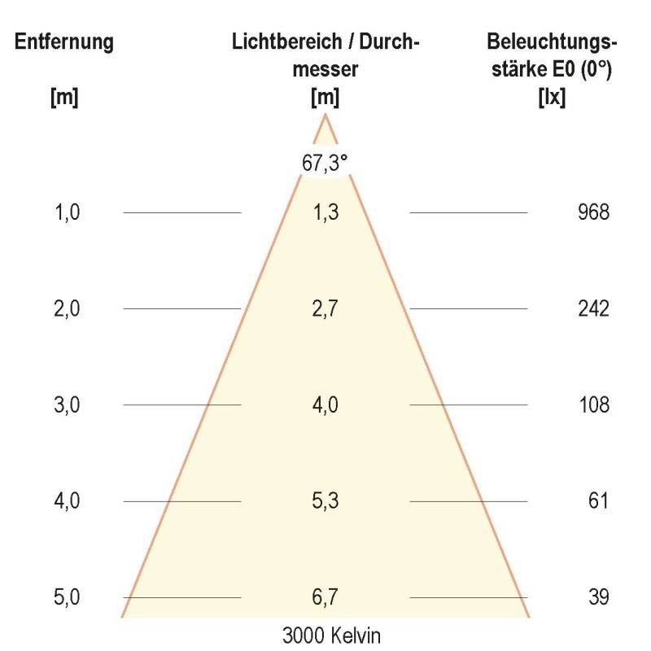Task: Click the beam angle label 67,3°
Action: (x=325, y=163)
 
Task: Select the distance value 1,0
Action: (x=67, y=213)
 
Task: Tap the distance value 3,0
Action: (x=67, y=405)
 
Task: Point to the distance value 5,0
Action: (x=67, y=597)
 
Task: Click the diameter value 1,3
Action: (x=325, y=213)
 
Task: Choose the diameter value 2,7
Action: (x=325, y=309)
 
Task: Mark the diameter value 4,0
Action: (x=325, y=405)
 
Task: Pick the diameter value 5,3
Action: (x=325, y=501)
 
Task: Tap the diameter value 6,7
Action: (x=325, y=597)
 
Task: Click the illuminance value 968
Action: (x=592, y=213)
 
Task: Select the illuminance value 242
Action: (x=592, y=309)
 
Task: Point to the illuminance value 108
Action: (x=592, y=405)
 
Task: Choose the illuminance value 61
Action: (x=598, y=501)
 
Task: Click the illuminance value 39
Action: (x=598, y=597)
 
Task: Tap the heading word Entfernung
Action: (x=63, y=42)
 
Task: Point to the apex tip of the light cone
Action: (x=325, y=115)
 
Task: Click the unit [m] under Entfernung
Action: (x=63, y=98)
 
